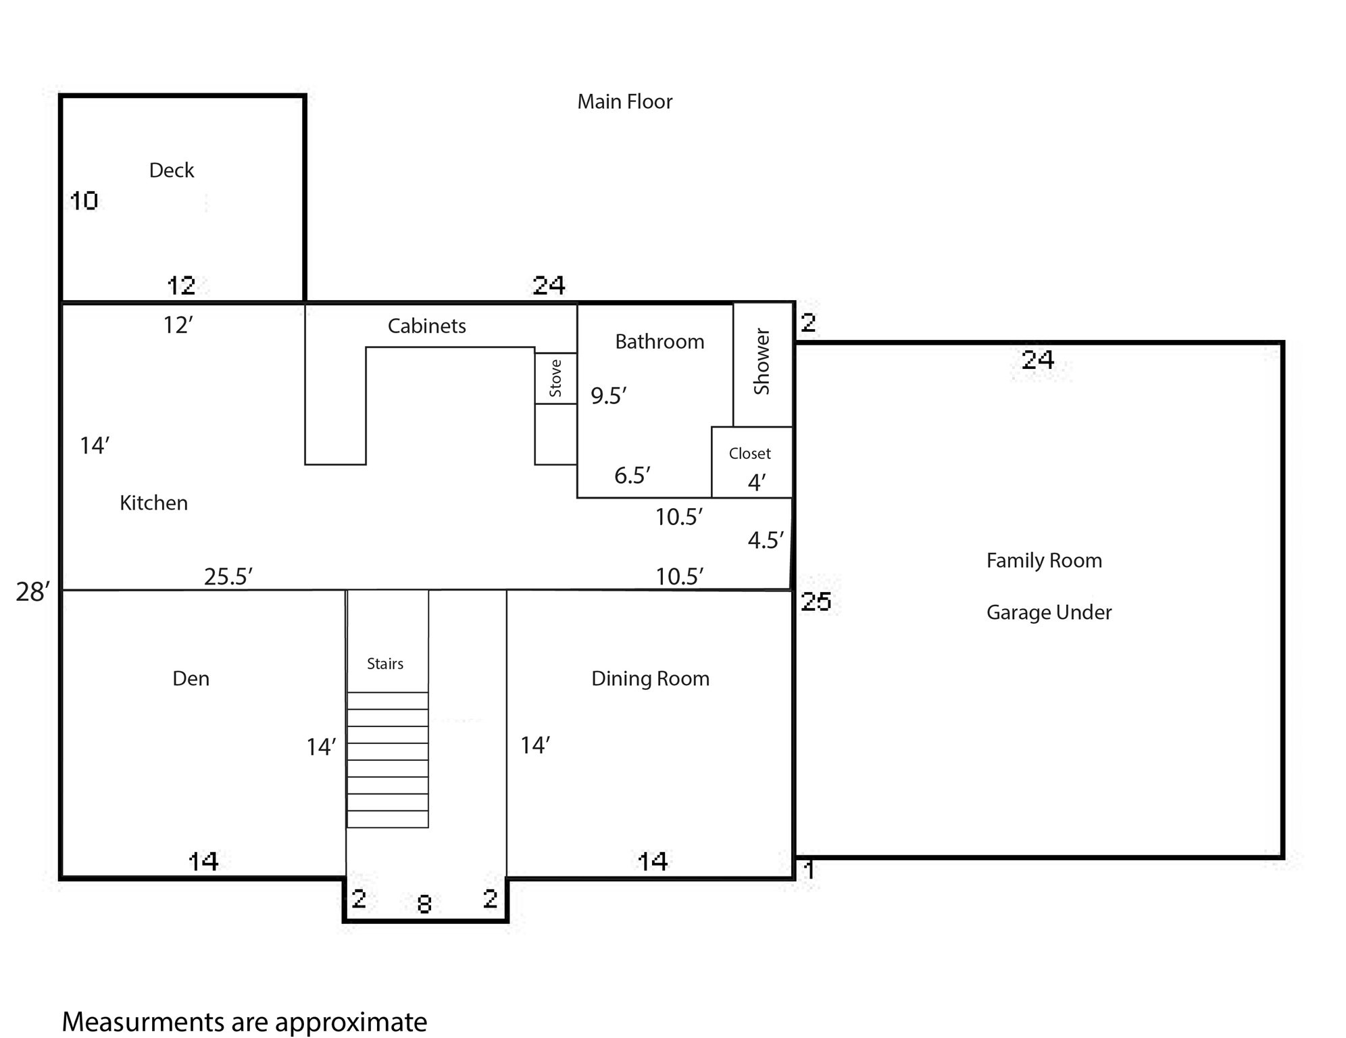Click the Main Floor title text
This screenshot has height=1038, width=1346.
[624, 102]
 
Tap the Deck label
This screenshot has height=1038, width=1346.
[171, 170]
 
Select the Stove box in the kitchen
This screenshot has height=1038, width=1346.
[555, 378]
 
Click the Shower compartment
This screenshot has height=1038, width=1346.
[762, 363]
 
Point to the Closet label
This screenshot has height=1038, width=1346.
[749, 453]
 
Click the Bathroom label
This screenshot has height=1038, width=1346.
[659, 342]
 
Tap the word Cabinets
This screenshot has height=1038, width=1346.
[426, 326]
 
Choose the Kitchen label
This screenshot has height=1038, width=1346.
[153, 503]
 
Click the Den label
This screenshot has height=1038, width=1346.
[191, 678]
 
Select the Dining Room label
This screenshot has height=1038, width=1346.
[650, 678]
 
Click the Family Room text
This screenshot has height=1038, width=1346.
[1043, 561]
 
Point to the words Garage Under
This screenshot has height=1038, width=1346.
[1048, 613]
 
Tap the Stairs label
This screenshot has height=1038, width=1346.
[384, 664]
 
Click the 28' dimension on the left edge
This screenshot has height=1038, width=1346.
[32, 592]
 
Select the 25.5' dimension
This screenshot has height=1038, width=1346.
[228, 576]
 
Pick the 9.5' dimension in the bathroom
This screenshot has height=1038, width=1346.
[608, 395]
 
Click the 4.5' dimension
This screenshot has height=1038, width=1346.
[765, 540]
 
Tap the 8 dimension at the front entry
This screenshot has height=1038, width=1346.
[424, 904]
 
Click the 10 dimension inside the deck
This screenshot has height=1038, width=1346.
[84, 201]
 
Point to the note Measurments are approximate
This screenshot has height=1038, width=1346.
[244, 1022]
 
